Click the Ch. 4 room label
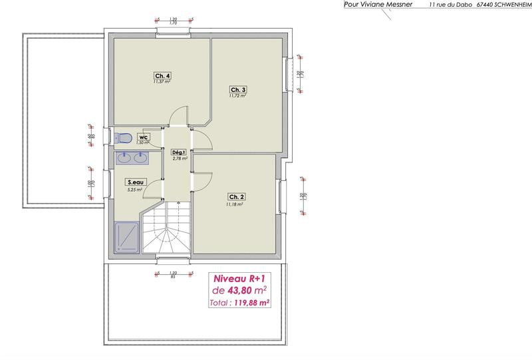tap(162, 76)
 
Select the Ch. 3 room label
tap(238, 90)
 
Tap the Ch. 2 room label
tap(237, 197)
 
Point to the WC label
tap(143, 136)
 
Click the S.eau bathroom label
tap(136, 181)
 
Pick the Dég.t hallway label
tap(178, 152)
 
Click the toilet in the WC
tap(122, 138)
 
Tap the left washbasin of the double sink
tap(124, 158)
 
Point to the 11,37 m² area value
tap(162, 82)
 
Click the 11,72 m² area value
tap(238, 96)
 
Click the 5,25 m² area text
tap(136, 189)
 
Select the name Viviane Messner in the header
tap(387, 5)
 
